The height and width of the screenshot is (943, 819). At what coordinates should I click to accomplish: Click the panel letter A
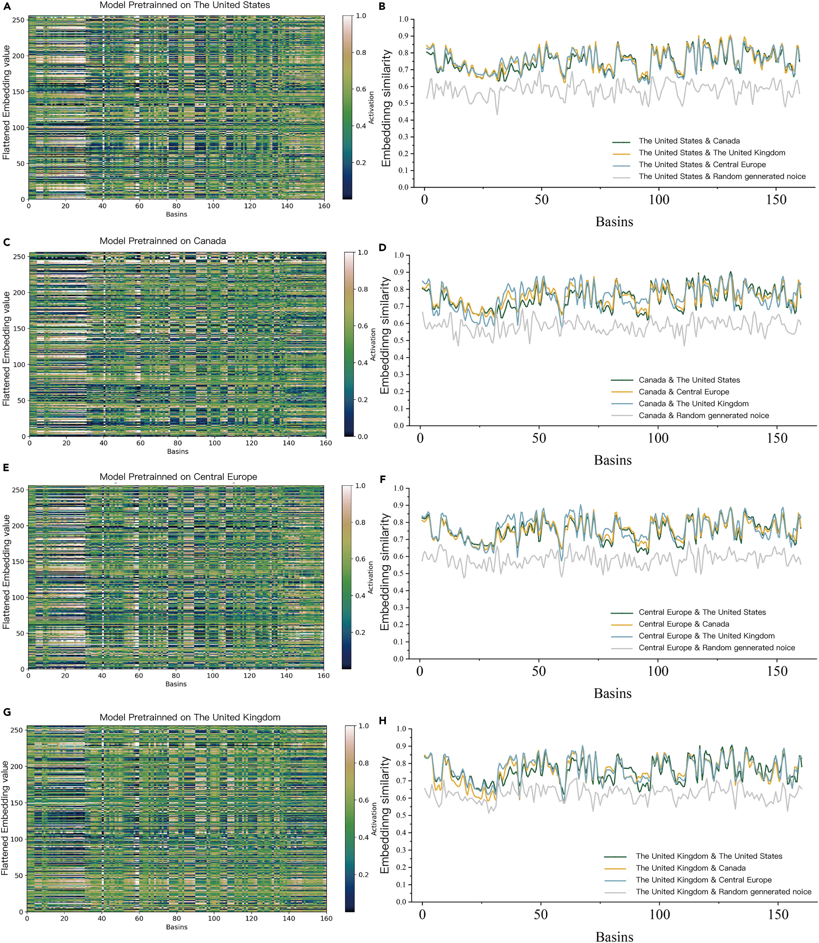pos(7,6)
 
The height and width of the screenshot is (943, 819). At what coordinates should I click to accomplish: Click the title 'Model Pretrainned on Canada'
pos(163,241)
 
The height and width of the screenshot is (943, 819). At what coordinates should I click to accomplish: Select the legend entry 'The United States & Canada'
pos(689,141)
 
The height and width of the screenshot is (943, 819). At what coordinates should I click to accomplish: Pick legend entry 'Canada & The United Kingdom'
pos(693,404)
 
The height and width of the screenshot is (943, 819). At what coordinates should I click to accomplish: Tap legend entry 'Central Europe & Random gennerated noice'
pos(717,648)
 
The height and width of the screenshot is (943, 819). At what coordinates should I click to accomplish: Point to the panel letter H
pos(383,721)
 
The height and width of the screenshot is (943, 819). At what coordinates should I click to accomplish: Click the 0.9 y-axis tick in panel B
pos(403,36)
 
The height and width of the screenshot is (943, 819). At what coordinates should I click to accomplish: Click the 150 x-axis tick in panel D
pos(777,438)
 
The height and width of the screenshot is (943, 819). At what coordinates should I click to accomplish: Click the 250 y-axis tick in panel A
pos(18,20)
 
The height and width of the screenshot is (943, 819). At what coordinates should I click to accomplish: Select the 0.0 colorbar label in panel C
pos(363,436)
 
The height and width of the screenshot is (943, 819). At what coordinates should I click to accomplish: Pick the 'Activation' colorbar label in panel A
pos(371,108)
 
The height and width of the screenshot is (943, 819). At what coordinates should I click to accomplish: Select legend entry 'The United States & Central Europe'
pos(702,165)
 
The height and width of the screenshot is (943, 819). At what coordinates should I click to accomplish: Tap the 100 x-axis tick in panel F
pos(658,672)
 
